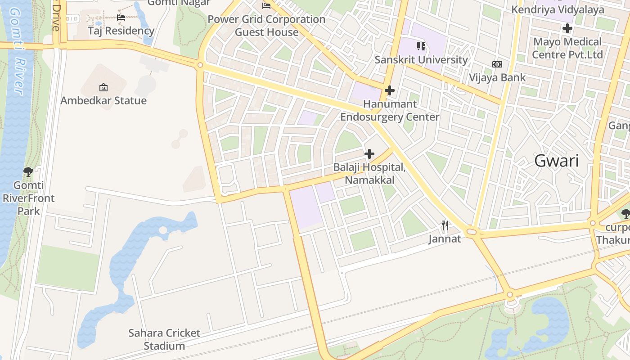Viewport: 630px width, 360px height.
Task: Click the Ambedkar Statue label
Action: pos(103,100)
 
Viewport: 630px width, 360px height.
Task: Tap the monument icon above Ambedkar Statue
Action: pos(103,87)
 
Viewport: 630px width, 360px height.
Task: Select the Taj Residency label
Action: pos(121,31)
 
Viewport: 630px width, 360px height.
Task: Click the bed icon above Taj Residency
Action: pos(121,18)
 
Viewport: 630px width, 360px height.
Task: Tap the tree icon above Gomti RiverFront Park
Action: pos(28,171)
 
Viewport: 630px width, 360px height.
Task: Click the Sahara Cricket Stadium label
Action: pos(164,339)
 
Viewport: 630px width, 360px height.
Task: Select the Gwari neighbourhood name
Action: pos(557,161)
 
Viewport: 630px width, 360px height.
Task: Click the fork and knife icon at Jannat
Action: pos(445,225)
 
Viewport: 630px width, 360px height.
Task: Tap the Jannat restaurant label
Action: pos(445,238)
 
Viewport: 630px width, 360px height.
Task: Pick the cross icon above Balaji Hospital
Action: pos(369,154)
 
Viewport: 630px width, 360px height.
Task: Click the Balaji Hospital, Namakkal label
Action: pos(369,174)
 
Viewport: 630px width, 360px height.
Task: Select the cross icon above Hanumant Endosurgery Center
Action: pos(390,90)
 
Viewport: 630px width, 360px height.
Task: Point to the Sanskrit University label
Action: pos(421,59)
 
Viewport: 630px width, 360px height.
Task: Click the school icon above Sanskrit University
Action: pos(421,46)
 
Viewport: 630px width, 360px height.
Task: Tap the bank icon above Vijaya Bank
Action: pos(497,64)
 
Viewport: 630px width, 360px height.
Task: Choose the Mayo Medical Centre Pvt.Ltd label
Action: pos(567,48)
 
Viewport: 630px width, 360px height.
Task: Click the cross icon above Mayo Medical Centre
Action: pos(567,28)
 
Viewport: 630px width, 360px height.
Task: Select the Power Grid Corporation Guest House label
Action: pos(266,26)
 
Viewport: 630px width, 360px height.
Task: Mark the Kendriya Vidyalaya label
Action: pos(558,9)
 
